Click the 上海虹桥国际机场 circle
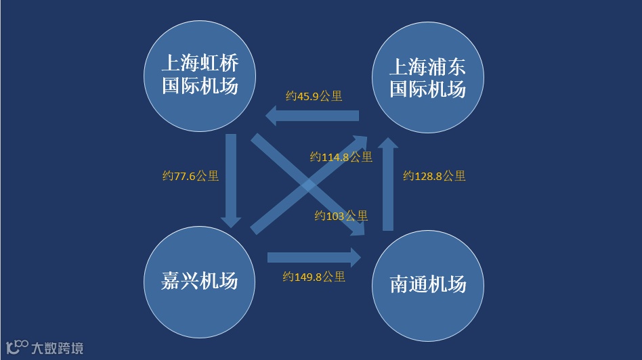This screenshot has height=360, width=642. tap(200, 76)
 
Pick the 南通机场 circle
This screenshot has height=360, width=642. tap(428, 284)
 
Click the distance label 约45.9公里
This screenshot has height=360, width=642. tap(314, 96)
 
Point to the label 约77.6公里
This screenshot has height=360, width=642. tap(191, 176)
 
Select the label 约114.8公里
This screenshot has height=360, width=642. tap(341, 157)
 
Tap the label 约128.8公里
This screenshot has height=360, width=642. tap(434, 176)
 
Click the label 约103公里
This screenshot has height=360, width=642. tap(341, 216)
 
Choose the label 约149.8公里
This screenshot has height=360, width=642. tap(314, 276)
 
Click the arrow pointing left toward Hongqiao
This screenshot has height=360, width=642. tap(312, 116)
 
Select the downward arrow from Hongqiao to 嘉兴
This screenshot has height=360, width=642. tap(231, 180)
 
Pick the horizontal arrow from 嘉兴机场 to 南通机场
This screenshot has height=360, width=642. tap(314, 256)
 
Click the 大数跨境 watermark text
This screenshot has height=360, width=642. tap(58, 348)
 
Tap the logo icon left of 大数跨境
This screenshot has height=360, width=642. tap(17, 346)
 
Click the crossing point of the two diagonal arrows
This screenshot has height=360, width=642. tap(308, 185)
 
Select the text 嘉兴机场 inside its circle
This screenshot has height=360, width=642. tap(200, 281)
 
